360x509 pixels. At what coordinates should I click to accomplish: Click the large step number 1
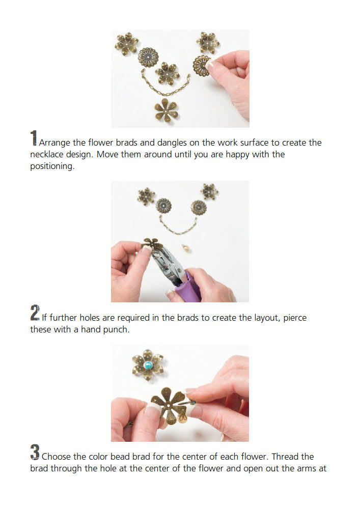click(x=34, y=138)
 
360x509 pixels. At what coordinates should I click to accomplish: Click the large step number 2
click(x=35, y=313)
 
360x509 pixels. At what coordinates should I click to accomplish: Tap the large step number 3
click(x=35, y=452)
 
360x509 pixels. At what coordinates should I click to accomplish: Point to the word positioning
click(x=52, y=166)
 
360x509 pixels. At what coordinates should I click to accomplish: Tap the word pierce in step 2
click(x=295, y=318)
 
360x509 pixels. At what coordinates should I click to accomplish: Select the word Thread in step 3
click(x=285, y=457)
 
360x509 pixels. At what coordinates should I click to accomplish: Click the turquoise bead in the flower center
click(x=149, y=365)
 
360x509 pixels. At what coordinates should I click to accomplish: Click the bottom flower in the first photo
click(x=166, y=110)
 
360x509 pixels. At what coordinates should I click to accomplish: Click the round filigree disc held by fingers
click(x=201, y=66)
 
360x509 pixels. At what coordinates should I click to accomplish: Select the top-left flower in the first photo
click(x=127, y=43)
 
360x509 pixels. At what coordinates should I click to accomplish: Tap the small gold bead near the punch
click(x=186, y=249)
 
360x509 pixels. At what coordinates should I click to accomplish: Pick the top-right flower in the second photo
click(x=209, y=191)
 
